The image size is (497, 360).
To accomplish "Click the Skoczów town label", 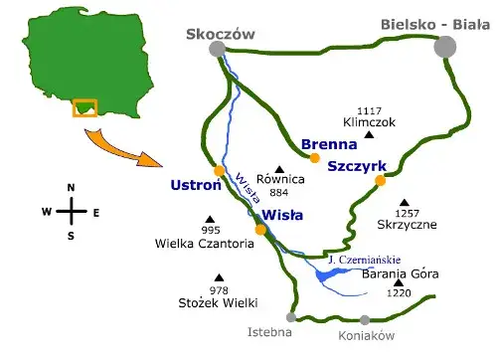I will click(221, 34).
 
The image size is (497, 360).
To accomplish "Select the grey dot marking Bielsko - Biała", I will click(445, 47).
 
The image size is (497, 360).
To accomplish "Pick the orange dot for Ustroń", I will click(220, 171).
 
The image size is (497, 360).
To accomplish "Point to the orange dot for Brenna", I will click(314, 157).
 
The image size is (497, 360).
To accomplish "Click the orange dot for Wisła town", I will click(260, 231).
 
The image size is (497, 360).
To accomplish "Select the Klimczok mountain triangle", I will click(369, 134).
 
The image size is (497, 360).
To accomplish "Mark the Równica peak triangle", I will click(279, 168).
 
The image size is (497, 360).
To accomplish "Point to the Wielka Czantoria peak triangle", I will click(210, 219).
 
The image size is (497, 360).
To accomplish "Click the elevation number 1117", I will click(369, 110).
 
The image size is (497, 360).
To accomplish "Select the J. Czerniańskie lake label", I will click(360, 261).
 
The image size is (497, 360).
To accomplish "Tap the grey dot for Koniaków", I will click(365, 320).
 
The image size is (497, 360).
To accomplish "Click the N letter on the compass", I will click(71, 188).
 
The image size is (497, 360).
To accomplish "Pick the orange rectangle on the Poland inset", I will click(83, 107).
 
